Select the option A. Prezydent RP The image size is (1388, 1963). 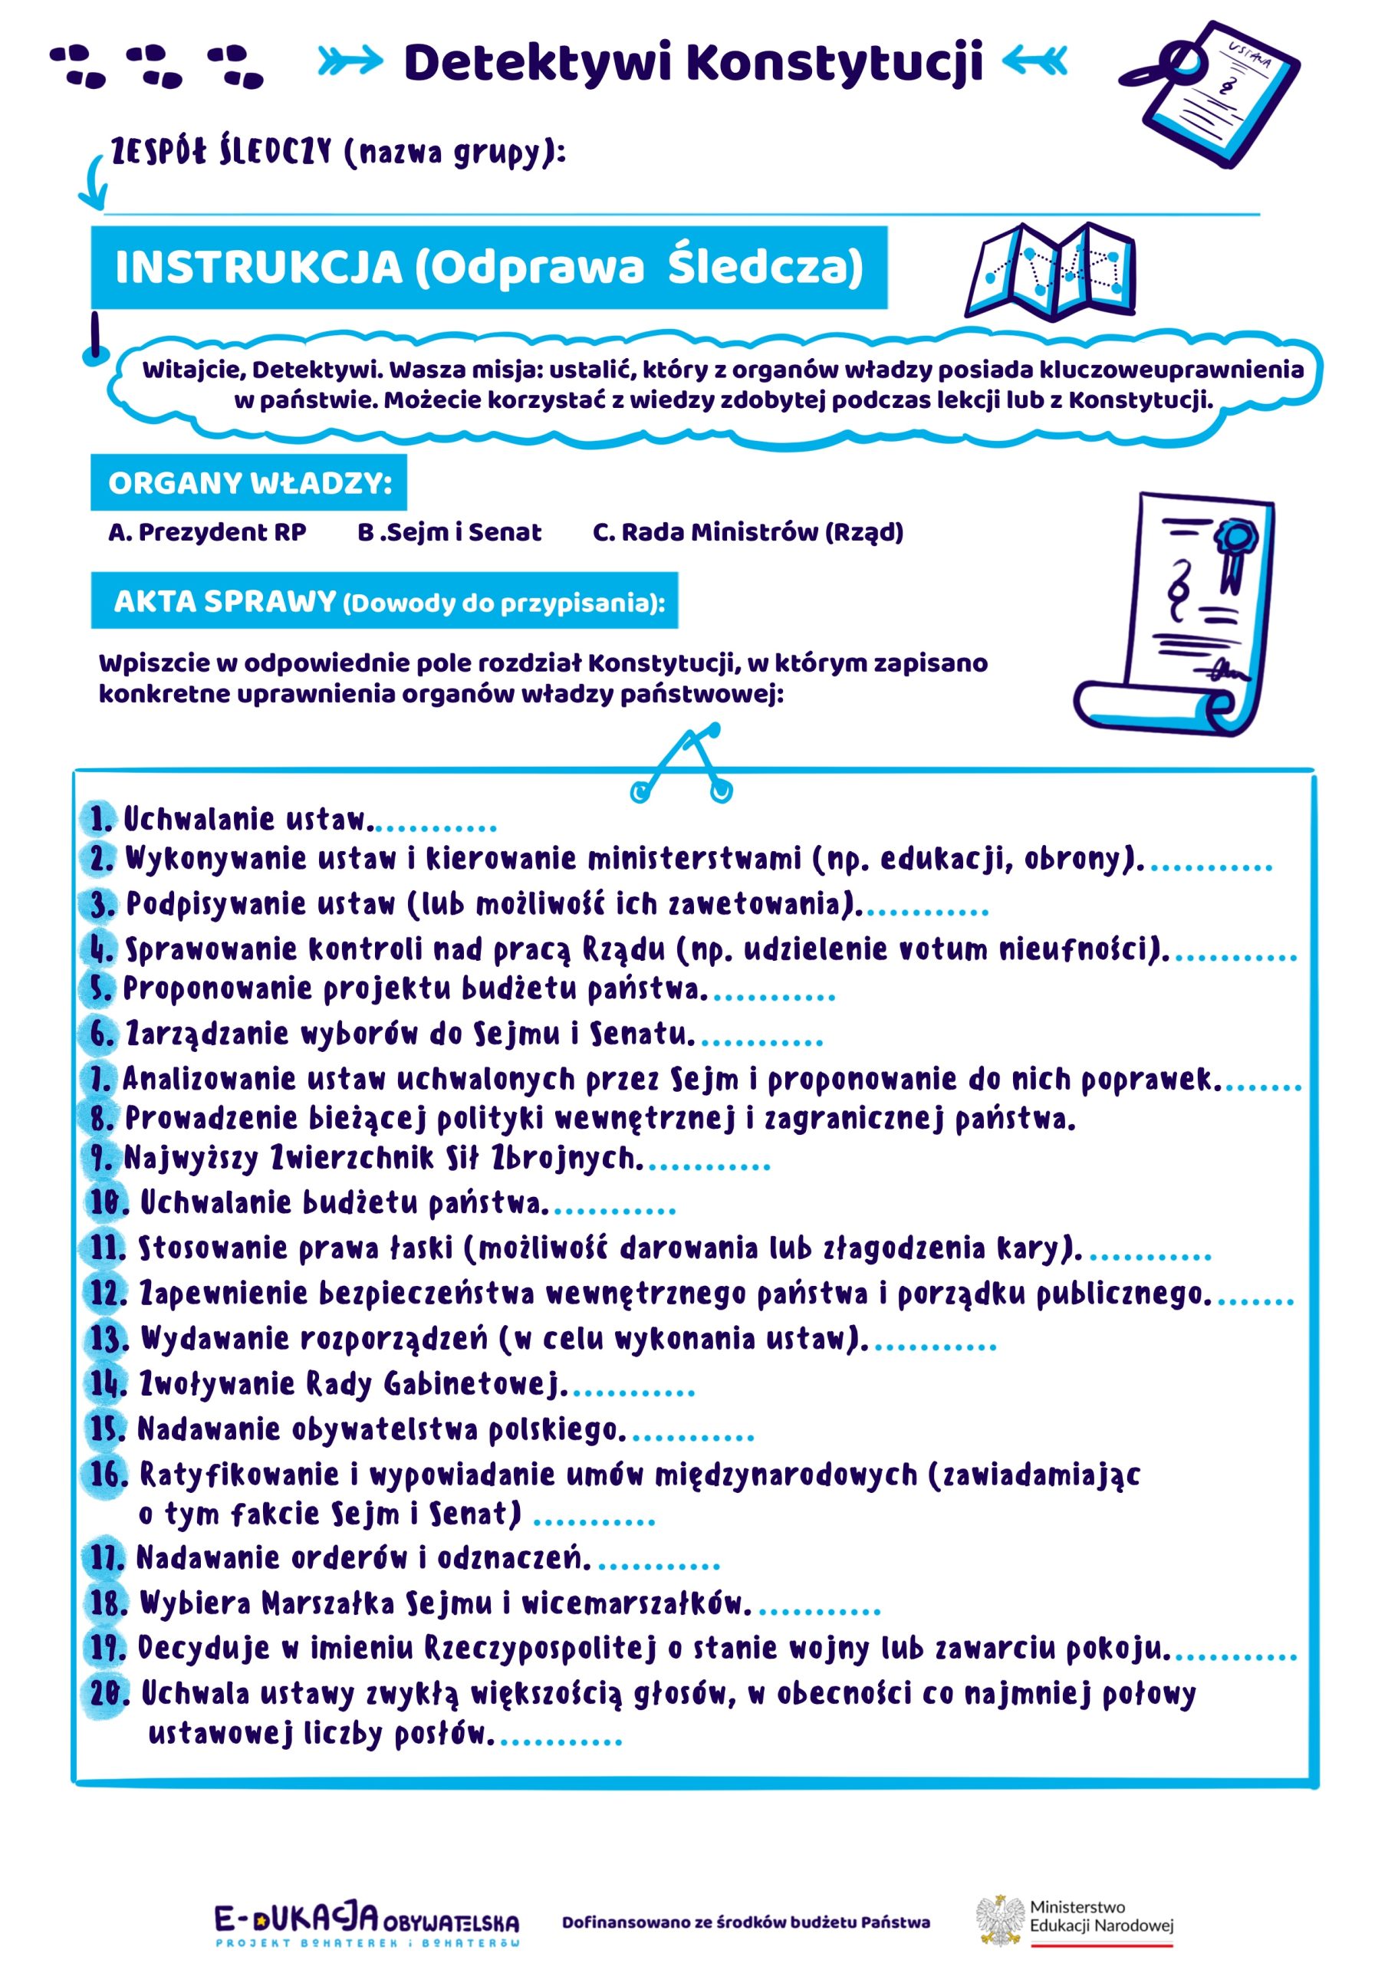tap(207, 533)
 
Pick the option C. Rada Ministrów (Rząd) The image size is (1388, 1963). tap(748, 533)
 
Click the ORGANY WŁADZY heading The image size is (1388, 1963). tap(249, 483)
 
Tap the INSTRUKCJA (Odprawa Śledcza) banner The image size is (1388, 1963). tap(488, 267)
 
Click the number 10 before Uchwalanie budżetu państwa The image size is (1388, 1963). tap(107, 1203)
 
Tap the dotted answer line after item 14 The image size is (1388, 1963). tap(633, 1393)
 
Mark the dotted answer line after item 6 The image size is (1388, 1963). tap(761, 1042)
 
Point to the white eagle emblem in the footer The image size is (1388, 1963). tap(1000, 1919)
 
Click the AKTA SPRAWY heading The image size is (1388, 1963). tap(384, 601)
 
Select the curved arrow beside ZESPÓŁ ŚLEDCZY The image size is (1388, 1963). tap(95, 182)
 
